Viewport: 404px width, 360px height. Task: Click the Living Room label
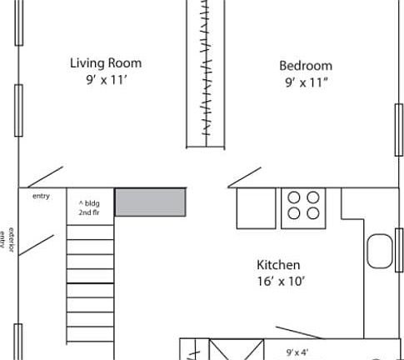pyautogui.click(x=105, y=62)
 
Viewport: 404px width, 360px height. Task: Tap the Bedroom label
pyautogui.click(x=305, y=66)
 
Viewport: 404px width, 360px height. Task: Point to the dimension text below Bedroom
pyautogui.click(x=305, y=82)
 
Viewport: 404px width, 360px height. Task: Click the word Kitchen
pyautogui.click(x=277, y=265)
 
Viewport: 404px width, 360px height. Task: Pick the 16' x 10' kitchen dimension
pyautogui.click(x=281, y=282)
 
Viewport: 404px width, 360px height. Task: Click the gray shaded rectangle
pyautogui.click(x=150, y=202)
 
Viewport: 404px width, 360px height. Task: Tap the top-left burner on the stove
pyautogui.click(x=294, y=197)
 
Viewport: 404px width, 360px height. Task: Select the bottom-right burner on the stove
pyautogui.click(x=313, y=212)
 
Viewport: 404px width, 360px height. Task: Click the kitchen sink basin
pyautogui.click(x=380, y=252)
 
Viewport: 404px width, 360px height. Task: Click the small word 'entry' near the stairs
pyautogui.click(x=41, y=196)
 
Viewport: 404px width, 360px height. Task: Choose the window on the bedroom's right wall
pyautogui.click(x=398, y=129)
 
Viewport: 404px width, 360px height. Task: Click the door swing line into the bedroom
pyautogui.click(x=245, y=177)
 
